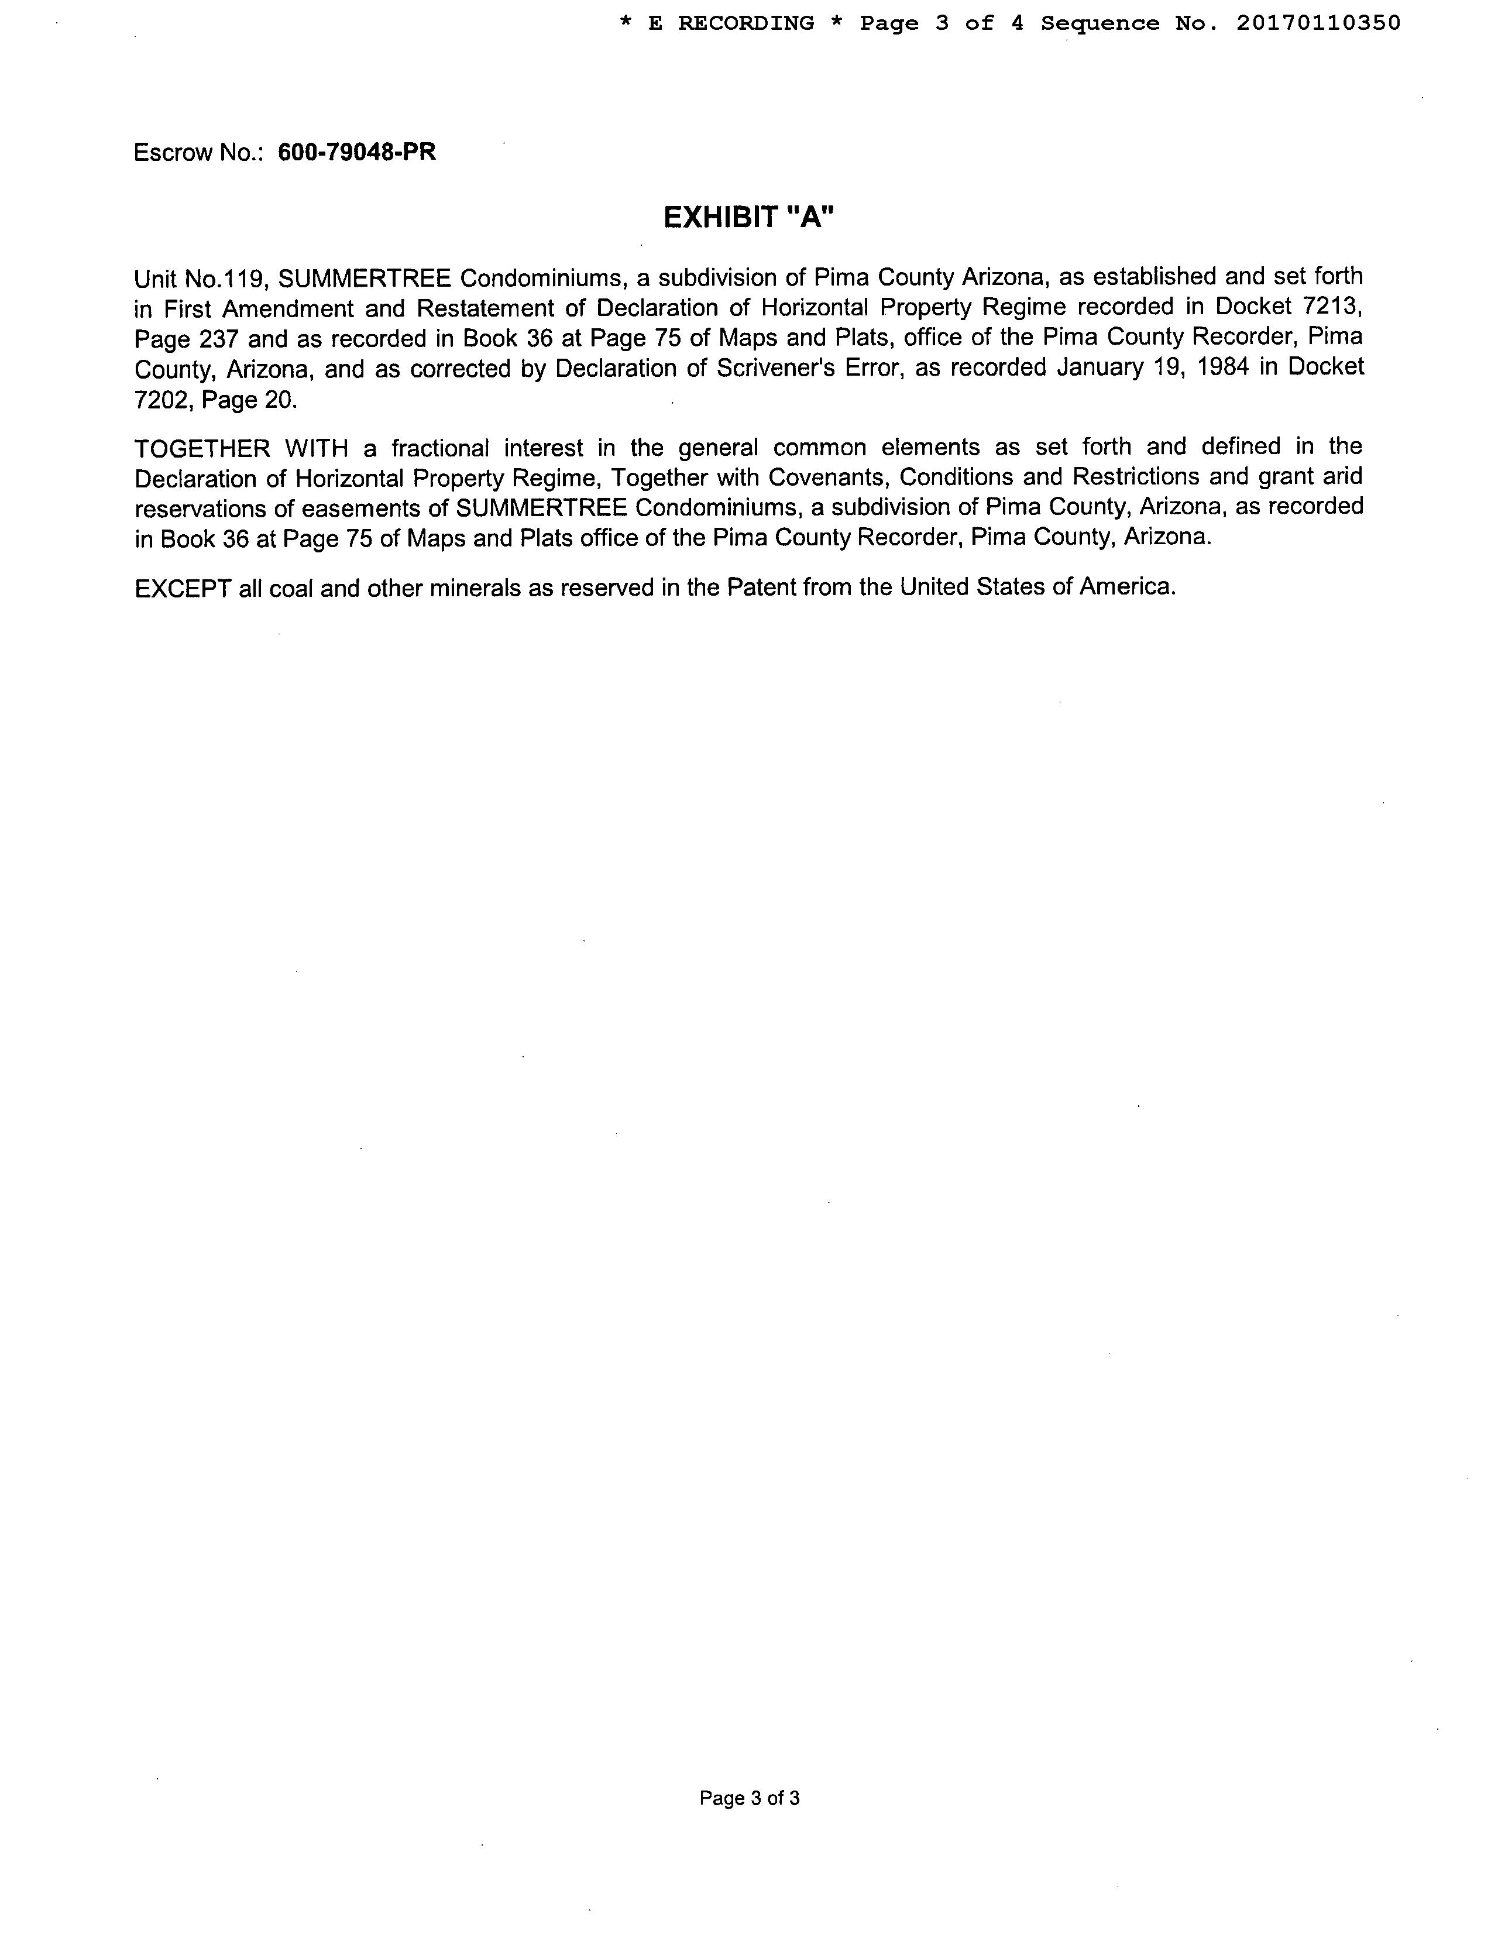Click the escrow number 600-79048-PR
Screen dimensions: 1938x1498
(357, 153)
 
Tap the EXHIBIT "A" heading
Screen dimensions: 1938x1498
(749, 218)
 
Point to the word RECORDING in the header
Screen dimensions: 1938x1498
(745, 23)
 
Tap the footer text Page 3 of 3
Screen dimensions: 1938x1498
(749, 1798)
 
